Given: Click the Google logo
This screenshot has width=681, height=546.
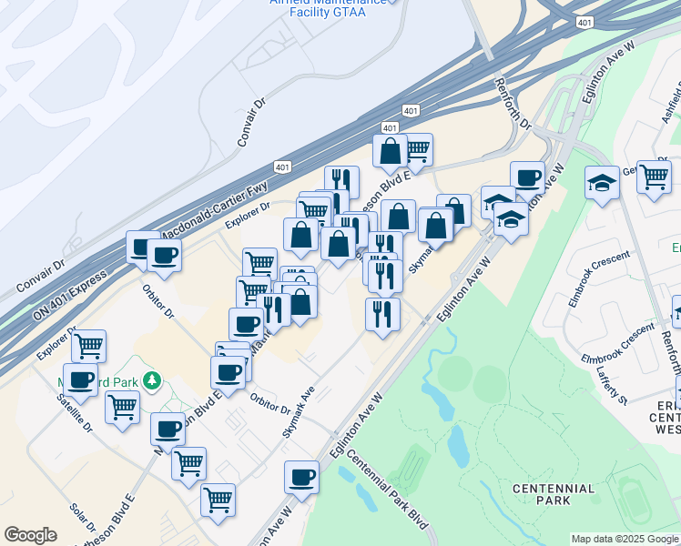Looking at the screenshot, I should [x=31, y=535].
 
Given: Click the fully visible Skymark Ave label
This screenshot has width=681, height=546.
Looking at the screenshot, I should [x=299, y=411].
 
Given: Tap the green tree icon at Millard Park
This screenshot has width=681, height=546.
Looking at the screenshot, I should [x=155, y=379].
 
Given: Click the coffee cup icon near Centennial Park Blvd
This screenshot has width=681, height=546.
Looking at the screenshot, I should [x=301, y=476].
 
